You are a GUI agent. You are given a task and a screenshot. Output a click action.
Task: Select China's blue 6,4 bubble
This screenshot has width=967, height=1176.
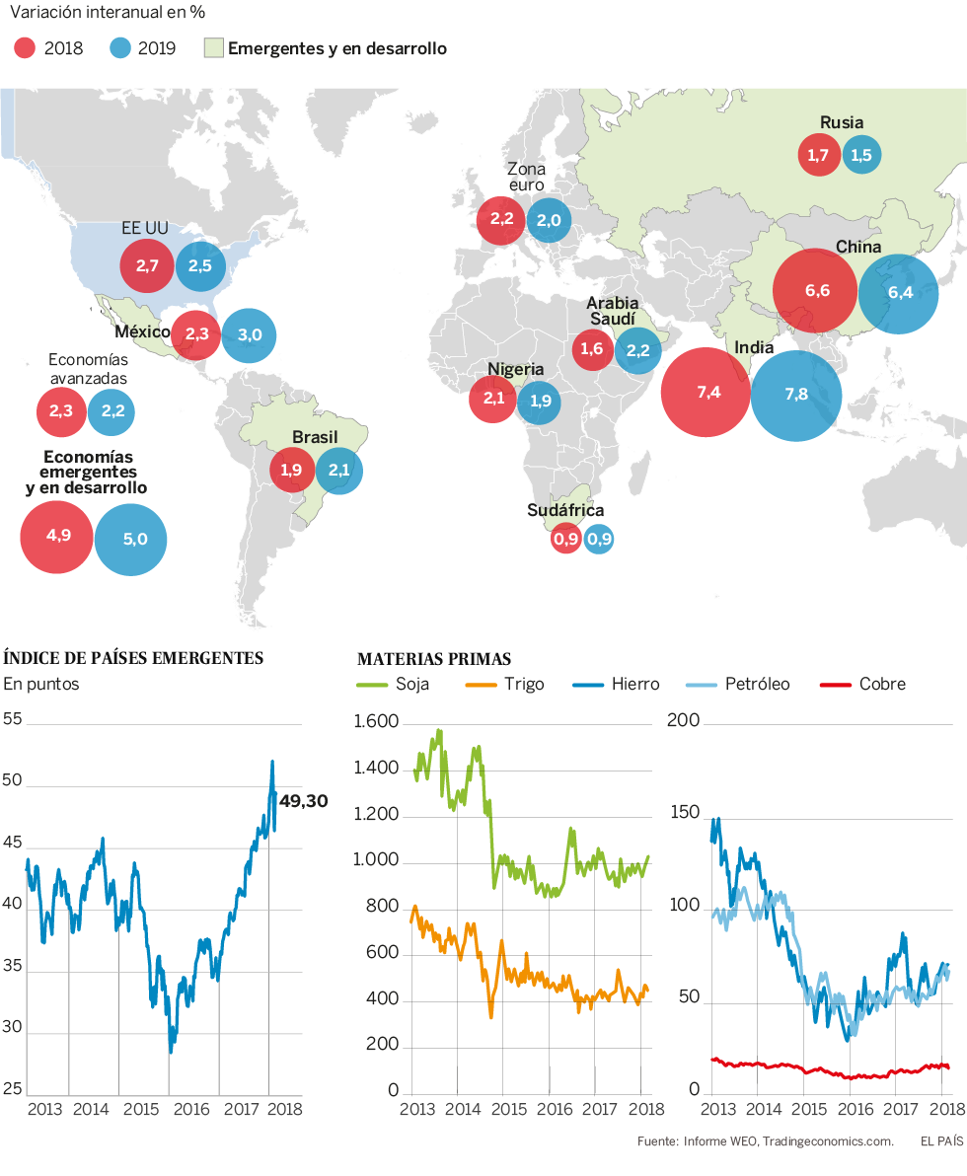[898, 293]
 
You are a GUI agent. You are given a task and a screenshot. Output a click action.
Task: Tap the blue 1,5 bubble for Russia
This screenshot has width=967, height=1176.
[861, 155]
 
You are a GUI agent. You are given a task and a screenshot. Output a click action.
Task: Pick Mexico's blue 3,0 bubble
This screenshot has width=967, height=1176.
[250, 335]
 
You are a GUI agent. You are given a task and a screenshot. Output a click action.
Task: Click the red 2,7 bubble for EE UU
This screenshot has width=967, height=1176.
[147, 265]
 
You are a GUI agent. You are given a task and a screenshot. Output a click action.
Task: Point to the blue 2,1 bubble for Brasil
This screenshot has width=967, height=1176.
[338, 471]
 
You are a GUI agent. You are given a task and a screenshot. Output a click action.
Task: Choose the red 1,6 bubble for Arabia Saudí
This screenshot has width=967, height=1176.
[592, 348]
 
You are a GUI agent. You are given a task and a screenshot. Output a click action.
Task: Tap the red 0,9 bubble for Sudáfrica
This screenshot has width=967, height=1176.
[565, 539]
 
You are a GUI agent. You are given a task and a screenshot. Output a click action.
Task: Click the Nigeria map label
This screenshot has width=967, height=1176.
[515, 369]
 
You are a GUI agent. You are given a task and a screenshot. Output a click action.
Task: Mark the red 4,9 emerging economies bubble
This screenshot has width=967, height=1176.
[57, 537]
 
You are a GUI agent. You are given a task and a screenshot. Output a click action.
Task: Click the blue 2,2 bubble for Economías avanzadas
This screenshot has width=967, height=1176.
[112, 411]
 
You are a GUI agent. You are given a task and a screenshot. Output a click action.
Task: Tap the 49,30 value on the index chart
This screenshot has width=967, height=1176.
[304, 801]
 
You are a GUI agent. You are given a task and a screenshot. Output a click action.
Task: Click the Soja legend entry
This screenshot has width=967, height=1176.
[394, 684]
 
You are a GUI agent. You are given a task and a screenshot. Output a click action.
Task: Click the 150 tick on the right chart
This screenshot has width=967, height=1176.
[685, 813]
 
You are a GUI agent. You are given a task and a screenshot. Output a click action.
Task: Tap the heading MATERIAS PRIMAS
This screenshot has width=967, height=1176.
[434, 659]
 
